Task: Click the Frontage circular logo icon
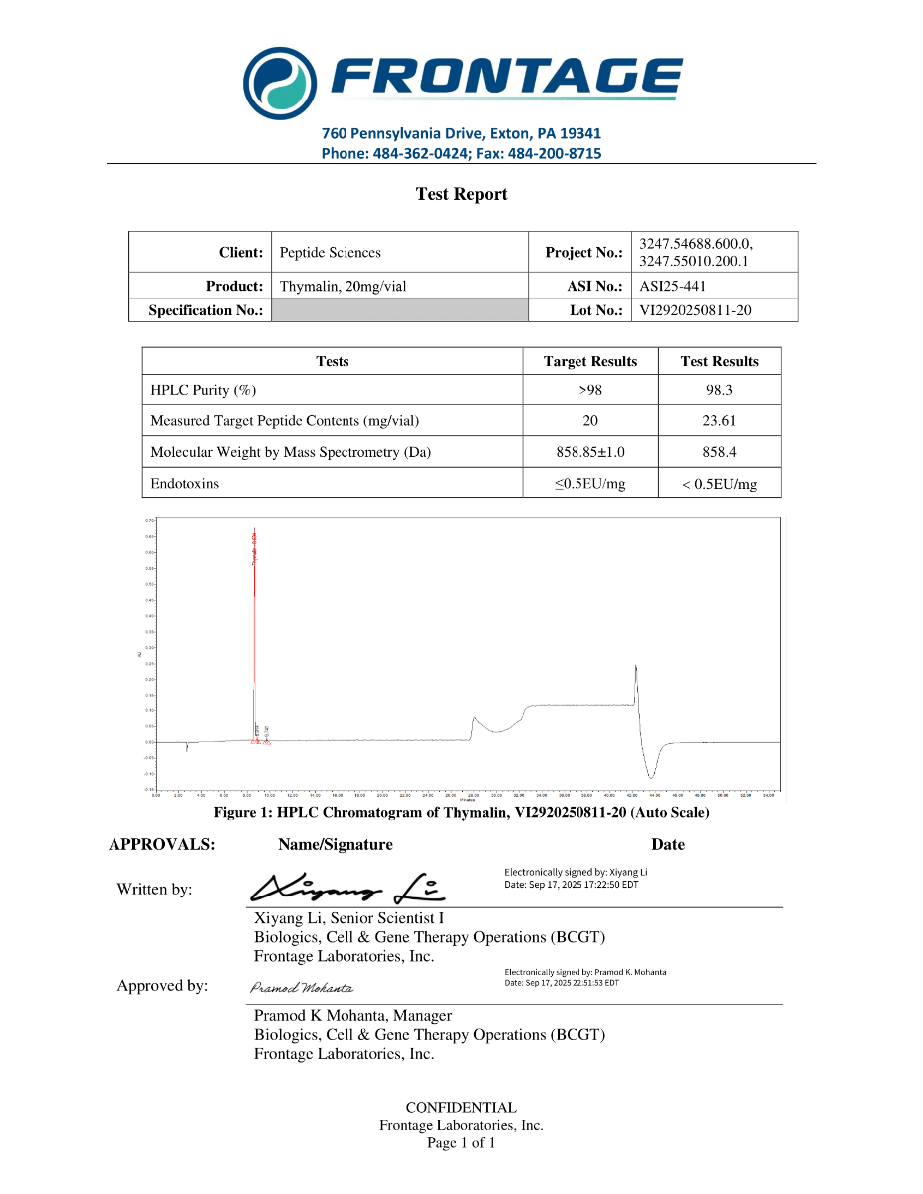tap(282, 80)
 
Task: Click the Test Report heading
tap(461, 194)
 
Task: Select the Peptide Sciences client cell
tap(330, 253)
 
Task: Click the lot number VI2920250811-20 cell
tap(695, 310)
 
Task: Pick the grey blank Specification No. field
tap(398, 310)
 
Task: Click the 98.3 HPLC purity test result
tap(719, 390)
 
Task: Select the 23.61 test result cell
tap(719, 420)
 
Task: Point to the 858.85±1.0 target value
tap(589, 452)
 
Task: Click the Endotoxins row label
tap(184, 484)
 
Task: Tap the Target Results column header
tap(589, 361)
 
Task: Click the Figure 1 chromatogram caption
tap(461, 813)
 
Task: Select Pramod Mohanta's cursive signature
tap(300, 988)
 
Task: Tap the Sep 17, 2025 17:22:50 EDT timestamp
tap(571, 884)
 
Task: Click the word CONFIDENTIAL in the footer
tap(461, 1107)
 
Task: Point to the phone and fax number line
tap(461, 153)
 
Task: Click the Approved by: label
tap(162, 986)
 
